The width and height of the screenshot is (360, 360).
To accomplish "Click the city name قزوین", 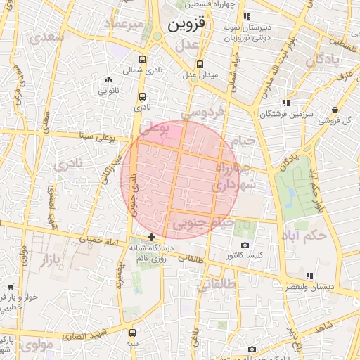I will point(188,25).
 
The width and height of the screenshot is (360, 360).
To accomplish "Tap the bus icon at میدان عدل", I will point(200,62).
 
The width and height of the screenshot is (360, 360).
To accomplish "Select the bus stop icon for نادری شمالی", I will point(143,60).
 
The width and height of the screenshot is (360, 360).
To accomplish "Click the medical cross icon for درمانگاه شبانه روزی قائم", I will point(151,237).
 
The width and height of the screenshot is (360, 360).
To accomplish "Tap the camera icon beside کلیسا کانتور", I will point(245,244).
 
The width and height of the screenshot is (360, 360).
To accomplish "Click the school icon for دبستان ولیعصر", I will point(309,275).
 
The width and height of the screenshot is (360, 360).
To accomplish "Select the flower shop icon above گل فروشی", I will point(335,110).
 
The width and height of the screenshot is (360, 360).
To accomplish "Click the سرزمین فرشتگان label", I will point(285,114).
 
